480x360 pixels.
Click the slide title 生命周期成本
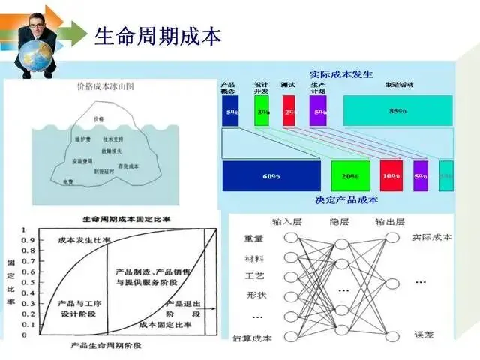click(x=157, y=35)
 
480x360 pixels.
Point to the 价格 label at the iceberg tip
click(x=99, y=119)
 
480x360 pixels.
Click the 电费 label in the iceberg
click(x=68, y=181)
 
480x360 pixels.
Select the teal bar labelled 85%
click(x=397, y=111)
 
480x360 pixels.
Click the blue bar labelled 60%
click(x=271, y=177)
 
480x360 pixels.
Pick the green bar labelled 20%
click(x=350, y=176)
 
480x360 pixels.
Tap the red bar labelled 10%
click(x=391, y=176)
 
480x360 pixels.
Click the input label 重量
click(x=254, y=238)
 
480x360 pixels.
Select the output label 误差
click(x=424, y=334)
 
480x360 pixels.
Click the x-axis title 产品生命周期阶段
click(x=106, y=345)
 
